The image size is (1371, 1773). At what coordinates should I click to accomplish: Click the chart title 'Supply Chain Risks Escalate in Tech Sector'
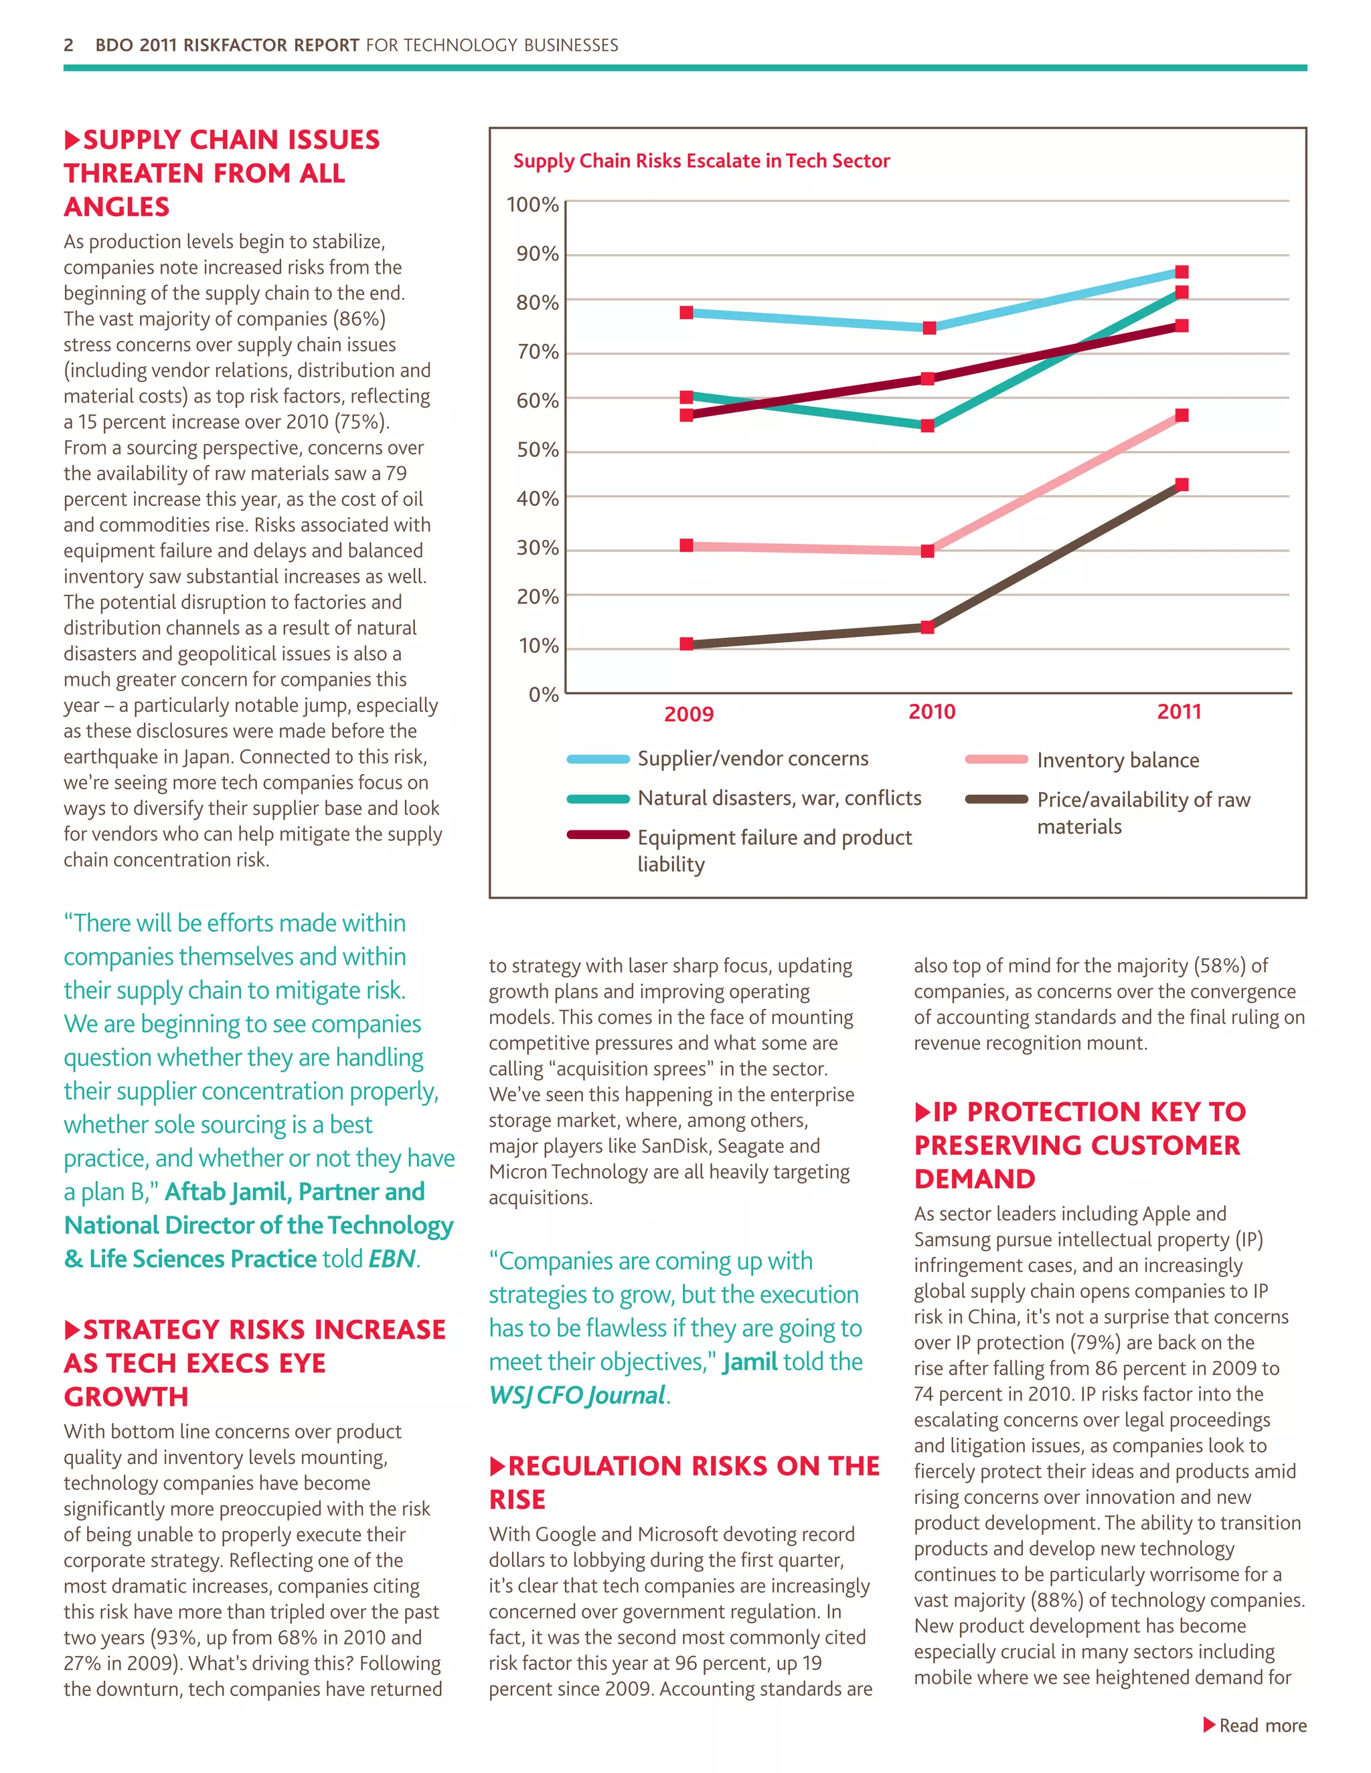[x=701, y=161]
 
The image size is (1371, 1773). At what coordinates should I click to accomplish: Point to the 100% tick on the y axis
[x=533, y=205]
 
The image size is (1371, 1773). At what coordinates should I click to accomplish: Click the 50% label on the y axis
[x=537, y=450]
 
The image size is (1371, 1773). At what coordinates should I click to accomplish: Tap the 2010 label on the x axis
[x=932, y=712]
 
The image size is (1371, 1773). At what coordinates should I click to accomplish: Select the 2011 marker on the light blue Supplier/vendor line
[x=1182, y=272]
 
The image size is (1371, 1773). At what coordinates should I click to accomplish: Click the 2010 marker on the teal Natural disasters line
[x=928, y=426]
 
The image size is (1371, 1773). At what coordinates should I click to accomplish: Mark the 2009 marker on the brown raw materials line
[x=686, y=644]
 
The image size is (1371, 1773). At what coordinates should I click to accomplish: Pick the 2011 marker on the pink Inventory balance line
[x=1182, y=415]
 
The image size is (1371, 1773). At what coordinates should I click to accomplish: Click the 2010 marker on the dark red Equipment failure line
[x=928, y=378]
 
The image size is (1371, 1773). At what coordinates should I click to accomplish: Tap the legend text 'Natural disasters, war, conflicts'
[x=779, y=798]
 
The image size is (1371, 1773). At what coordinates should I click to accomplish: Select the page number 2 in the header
[x=68, y=45]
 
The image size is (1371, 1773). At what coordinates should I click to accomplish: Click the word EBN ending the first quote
[x=392, y=1258]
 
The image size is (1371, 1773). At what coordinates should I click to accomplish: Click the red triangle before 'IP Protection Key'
[x=922, y=1111]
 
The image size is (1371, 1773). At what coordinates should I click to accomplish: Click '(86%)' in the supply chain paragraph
[x=359, y=319]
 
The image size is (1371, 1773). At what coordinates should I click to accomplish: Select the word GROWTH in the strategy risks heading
[x=126, y=1396]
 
